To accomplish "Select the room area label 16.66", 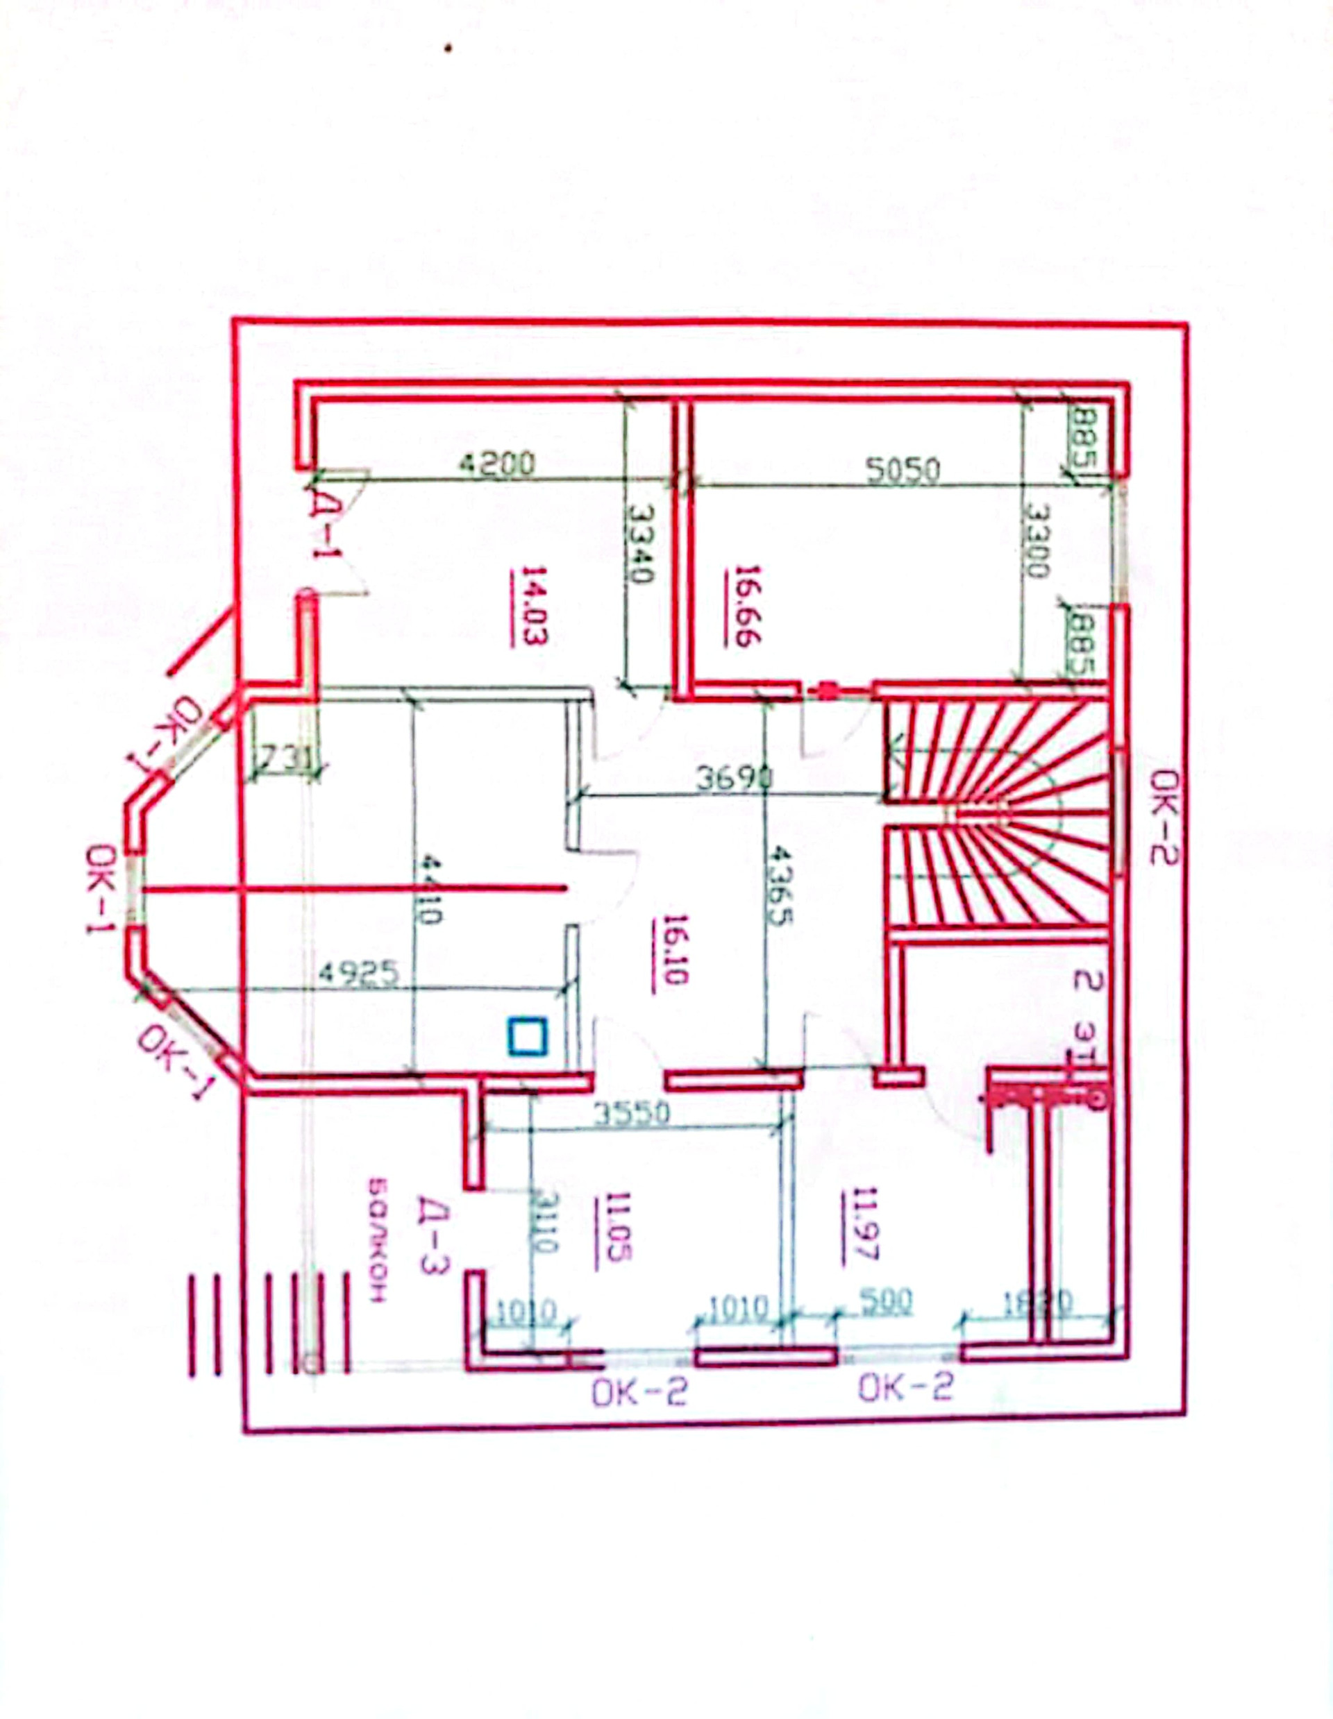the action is coord(744,605).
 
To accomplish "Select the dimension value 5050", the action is coord(903,470).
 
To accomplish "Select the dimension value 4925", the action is coord(358,973).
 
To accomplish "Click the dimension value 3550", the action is coord(630,1113).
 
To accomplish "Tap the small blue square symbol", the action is coord(527,1036).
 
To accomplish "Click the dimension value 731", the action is coord(285,759).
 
